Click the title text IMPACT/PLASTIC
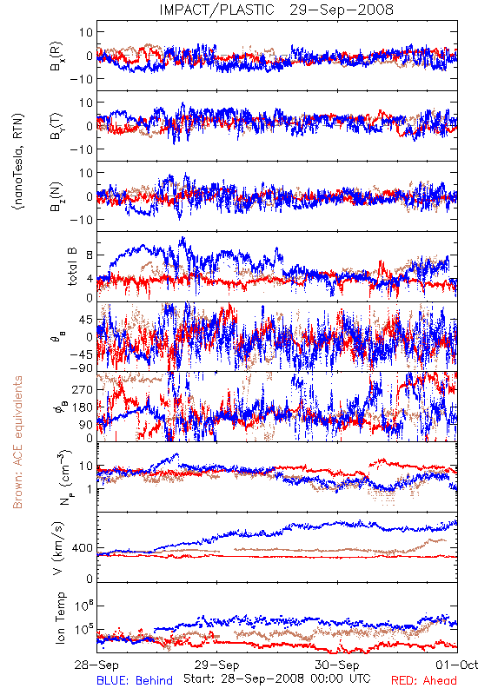(216, 10)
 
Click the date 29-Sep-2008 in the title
(342, 10)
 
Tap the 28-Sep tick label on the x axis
(96, 665)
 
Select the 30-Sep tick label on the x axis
(337, 665)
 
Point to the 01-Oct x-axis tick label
(457, 665)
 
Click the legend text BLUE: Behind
(135, 680)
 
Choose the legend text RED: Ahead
(424, 680)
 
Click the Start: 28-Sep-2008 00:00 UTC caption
(276, 678)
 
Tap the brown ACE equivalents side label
(17, 442)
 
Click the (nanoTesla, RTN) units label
(18, 162)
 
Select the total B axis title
(72, 267)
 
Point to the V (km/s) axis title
(58, 548)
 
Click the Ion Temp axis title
(60, 618)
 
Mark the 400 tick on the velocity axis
(82, 548)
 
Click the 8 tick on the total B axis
(90, 255)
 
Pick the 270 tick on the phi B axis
(82, 389)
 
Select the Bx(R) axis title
(56, 56)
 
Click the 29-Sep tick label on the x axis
(216, 665)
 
